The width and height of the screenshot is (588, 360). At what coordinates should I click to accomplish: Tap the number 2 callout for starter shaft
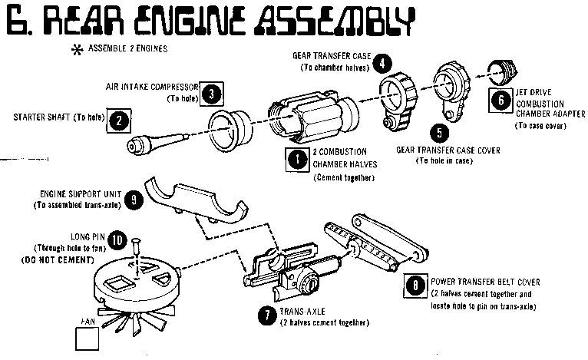point(118,120)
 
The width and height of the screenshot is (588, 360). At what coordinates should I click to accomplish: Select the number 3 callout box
point(214,93)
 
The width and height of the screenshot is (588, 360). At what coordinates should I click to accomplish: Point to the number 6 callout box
point(500,99)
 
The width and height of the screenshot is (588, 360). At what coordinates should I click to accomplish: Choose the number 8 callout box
point(415,287)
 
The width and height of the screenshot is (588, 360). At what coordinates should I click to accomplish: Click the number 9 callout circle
point(134,200)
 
